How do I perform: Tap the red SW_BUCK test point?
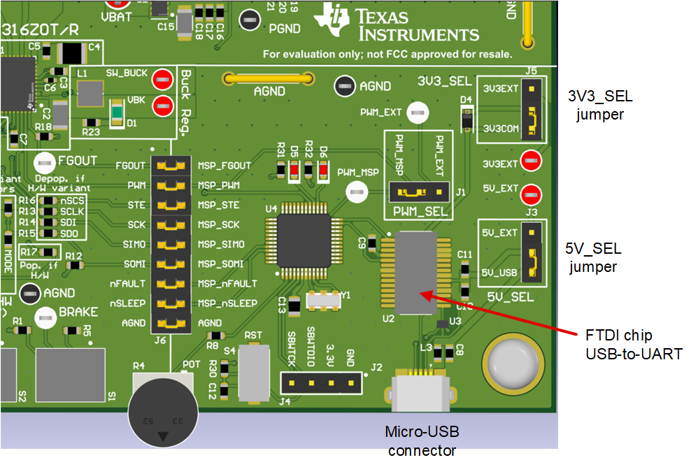point(163,78)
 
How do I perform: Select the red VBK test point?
point(163,106)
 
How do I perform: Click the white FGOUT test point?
point(45,163)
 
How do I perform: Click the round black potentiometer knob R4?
point(163,412)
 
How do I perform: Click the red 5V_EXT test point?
point(532,192)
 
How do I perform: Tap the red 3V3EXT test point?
point(532,160)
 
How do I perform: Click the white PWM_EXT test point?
point(418,112)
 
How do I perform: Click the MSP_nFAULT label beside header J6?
point(227,284)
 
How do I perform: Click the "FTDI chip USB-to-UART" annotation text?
point(633,344)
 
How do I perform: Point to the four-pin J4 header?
point(322,382)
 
